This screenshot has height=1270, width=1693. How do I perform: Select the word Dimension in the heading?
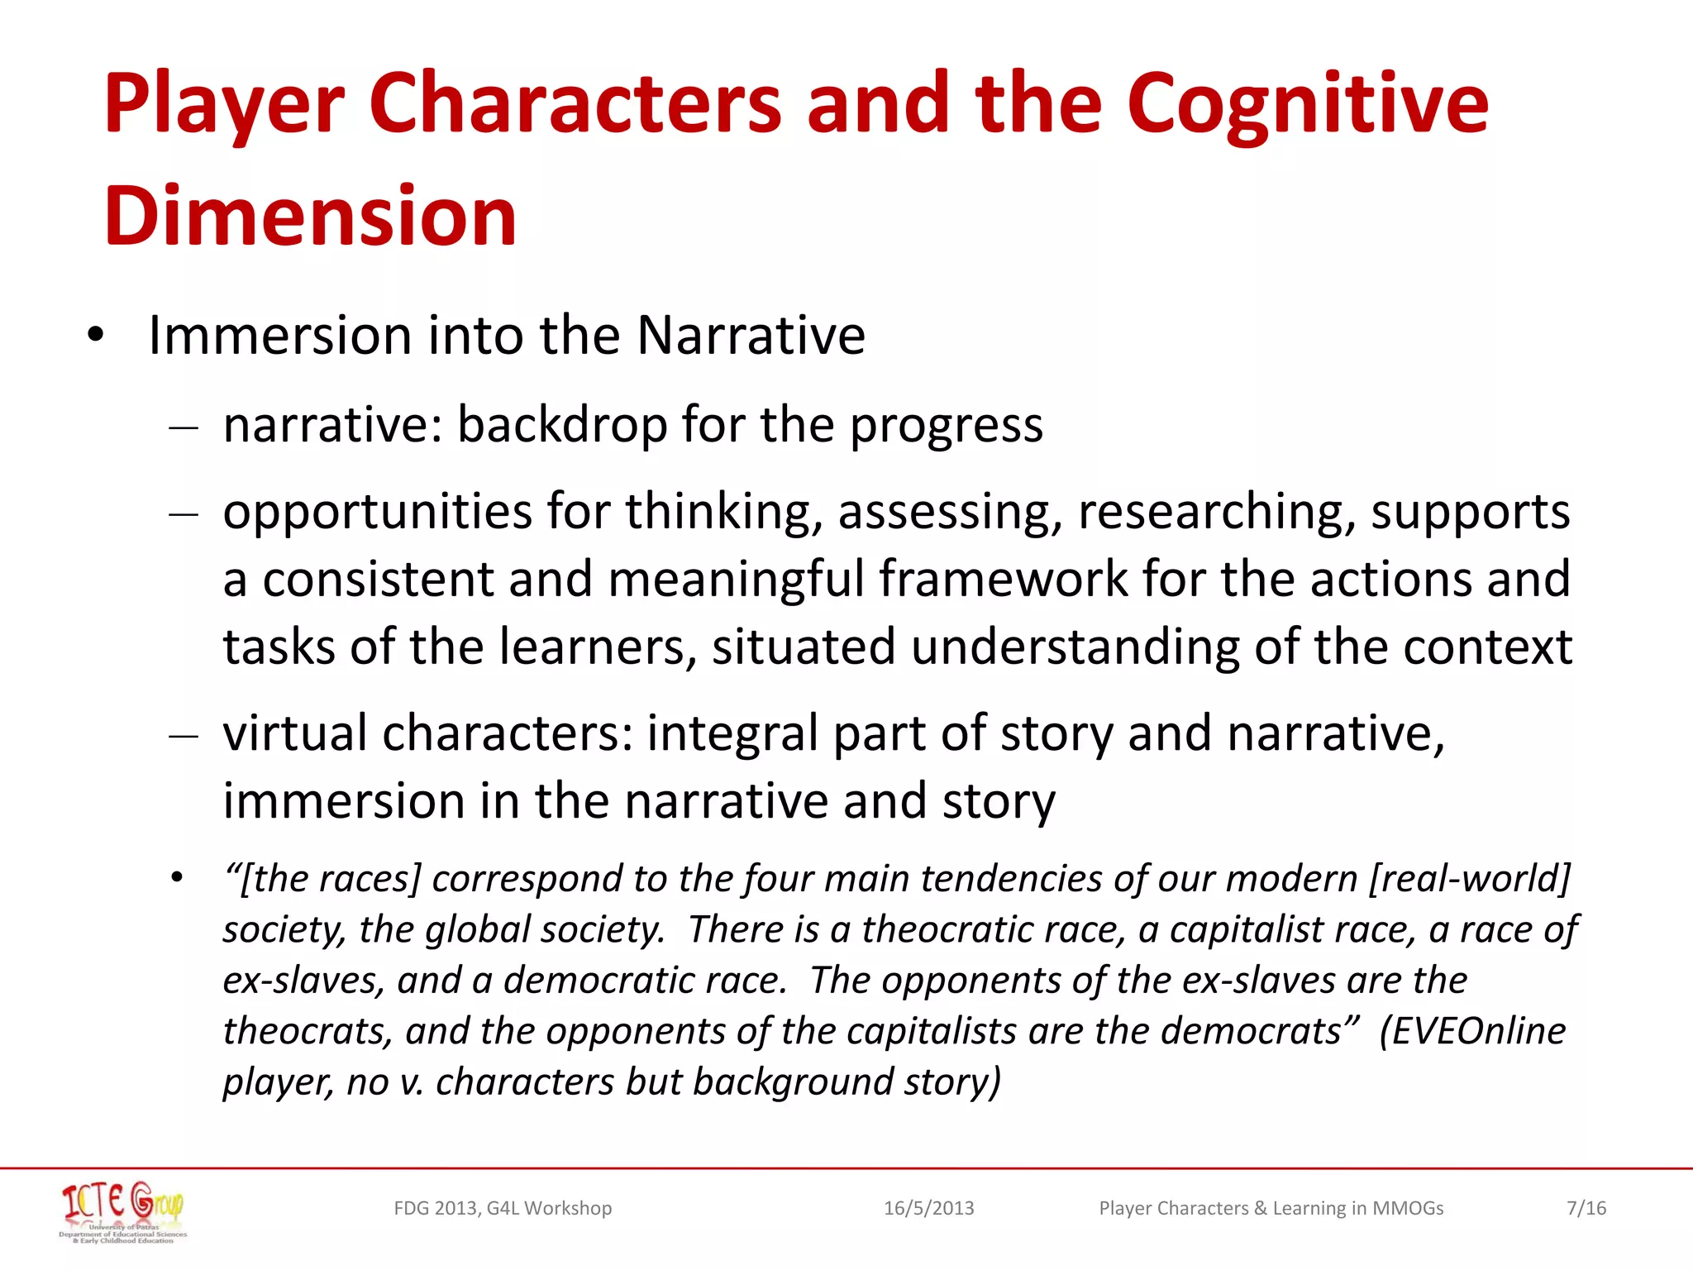pos(310,216)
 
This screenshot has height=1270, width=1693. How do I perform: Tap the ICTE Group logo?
pos(123,1210)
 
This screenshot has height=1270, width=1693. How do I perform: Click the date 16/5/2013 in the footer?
pos(928,1208)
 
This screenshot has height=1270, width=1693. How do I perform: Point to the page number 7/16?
pos(1586,1208)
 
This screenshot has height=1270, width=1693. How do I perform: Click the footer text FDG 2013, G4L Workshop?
pos(503,1208)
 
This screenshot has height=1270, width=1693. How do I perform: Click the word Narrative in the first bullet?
pos(751,336)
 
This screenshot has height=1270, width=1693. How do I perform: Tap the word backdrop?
pos(561,425)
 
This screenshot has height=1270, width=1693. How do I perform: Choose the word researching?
pos(1216,512)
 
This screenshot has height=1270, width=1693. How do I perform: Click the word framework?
pos(1003,579)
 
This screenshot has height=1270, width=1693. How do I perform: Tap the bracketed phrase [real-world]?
pos(1469,878)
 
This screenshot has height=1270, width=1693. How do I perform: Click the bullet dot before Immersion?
pos(96,336)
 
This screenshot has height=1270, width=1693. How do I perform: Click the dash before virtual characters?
pos(183,735)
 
